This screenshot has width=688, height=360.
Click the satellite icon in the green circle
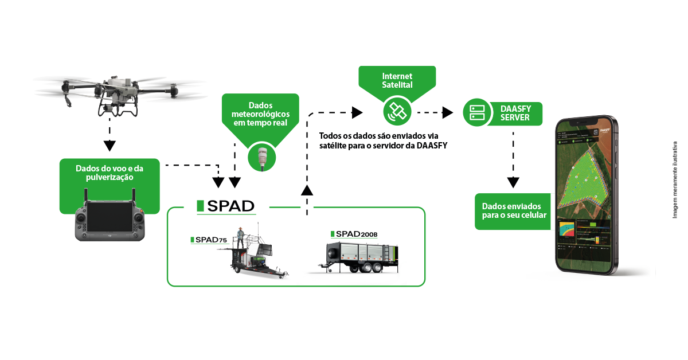pos(397,111)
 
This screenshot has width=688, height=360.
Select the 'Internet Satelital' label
pos(397,80)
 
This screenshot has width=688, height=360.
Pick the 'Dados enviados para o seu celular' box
pos(512,211)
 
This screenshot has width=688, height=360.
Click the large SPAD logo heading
pos(225,206)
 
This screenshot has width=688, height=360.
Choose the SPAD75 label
pos(210,240)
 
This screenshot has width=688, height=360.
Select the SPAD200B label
pos(353,234)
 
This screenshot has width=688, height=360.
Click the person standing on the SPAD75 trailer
pos(243,237)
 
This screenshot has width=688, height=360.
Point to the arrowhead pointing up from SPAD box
pos(307,191)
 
